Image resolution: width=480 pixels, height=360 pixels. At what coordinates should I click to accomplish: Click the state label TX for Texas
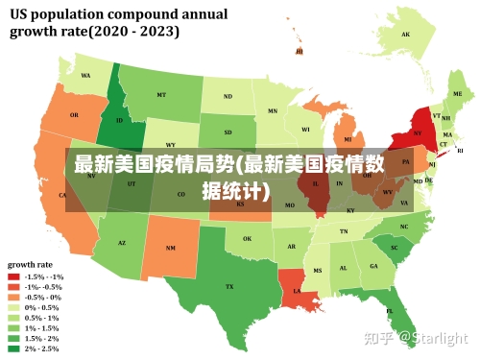pos(229,286)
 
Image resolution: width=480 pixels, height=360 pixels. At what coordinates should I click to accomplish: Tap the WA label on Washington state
pos(85,76)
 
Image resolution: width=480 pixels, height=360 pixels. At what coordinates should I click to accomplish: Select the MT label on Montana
pos(161,95)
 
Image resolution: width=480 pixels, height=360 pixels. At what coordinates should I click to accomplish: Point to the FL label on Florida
pos(390,311)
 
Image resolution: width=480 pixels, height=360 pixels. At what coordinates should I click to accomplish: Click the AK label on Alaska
pos(406,35)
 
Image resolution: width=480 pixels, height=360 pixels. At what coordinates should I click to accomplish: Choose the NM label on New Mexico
pos(171,248)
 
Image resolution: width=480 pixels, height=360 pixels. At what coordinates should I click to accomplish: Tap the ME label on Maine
pos(457,94)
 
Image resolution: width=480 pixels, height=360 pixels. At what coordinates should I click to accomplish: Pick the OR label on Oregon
pos(74,115)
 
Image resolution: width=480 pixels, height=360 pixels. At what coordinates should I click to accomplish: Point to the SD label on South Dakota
pos(228,132)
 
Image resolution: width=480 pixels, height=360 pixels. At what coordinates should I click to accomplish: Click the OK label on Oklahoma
pos(247,239)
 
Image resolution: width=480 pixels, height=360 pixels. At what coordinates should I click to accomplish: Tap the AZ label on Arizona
pos(122,243)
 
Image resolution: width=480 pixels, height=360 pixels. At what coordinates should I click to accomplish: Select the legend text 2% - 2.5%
pos(41,348)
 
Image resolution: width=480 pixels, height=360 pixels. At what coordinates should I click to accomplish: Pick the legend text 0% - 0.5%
pos(41,307)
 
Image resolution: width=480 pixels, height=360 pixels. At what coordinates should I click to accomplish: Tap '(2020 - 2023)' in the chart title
pos(134,31)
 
